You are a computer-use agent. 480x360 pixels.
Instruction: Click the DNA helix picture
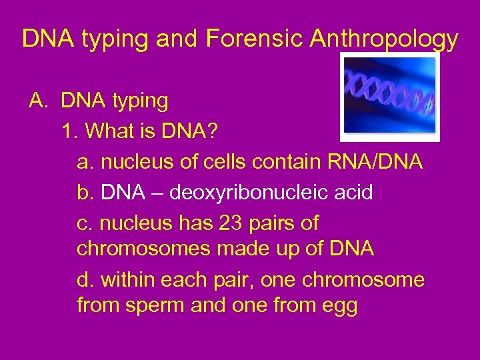[390, 97]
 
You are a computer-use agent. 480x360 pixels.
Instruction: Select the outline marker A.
[36, 101]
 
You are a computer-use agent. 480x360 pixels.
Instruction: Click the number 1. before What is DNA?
[69, 131]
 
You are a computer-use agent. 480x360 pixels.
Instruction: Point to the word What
[106, 131]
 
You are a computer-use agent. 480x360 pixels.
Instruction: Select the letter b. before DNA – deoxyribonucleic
[85, 193]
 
